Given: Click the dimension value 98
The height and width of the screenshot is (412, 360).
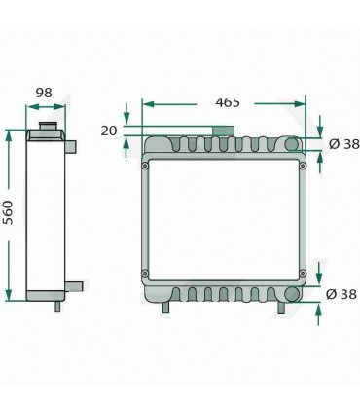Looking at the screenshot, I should pos(43,94).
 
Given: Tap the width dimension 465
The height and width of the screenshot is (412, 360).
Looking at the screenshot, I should pos(228,101).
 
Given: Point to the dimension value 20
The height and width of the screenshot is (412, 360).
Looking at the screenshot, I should pos(108,131).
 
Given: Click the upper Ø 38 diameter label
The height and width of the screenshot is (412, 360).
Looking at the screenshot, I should pos(343,144).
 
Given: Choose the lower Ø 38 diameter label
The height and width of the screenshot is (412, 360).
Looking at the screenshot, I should pos(343,294).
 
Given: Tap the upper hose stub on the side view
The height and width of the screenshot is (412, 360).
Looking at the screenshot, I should pos(70,145).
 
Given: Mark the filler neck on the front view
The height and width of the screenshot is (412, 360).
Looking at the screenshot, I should pos(223,131).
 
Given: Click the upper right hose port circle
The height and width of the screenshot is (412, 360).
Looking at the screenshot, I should pos(291,146).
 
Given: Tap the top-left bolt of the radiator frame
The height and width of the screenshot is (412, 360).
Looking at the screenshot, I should pos(147,165).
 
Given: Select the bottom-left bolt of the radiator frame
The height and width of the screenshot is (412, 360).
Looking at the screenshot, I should pos(147,272).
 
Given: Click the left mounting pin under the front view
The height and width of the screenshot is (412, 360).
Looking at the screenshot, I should pos(166,308).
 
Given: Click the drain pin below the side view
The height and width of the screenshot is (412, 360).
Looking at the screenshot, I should pos(56,306).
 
